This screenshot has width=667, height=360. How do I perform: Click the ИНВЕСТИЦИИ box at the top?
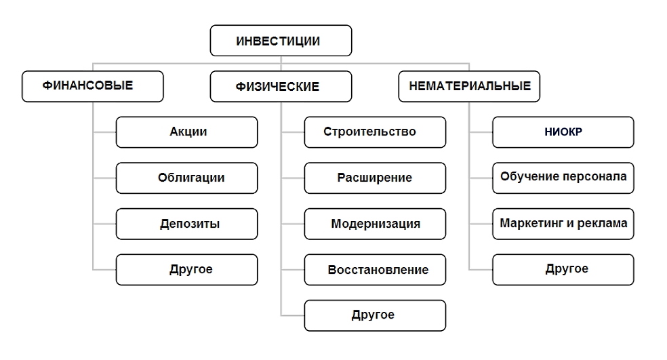tap(281, 41)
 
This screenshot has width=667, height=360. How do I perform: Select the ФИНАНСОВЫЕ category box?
tap(92, 86)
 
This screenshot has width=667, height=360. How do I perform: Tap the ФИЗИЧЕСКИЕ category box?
tap(281, 87)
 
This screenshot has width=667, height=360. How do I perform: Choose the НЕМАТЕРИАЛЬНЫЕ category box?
tap(469, 86)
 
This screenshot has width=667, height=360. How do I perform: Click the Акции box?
tap(187, 132)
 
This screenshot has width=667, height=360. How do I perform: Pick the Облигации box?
tap(187, 178)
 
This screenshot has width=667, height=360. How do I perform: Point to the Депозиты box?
tap(187, 223)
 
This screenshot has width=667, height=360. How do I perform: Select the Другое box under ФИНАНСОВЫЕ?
tap(187, 269)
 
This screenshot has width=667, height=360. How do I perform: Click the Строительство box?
tap(375, 132)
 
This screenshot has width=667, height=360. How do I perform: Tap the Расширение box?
tap(375, 178)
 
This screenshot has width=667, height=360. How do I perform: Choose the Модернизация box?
tap(375, 223)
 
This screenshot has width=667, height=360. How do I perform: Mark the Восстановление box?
tap(375, 269)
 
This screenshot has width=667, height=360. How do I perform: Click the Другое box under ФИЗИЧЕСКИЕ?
tap(375, 315)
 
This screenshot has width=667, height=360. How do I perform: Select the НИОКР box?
tap(563, 132)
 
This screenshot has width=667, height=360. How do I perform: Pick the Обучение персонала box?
tap(563, 178)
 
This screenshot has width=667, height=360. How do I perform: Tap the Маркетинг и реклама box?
tap(563, 223)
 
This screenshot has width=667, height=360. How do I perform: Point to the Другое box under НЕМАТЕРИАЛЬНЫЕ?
tap(563, 269)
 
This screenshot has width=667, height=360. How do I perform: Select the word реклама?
tap(605, 223)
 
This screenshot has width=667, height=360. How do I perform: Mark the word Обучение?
tap(525, 178)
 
